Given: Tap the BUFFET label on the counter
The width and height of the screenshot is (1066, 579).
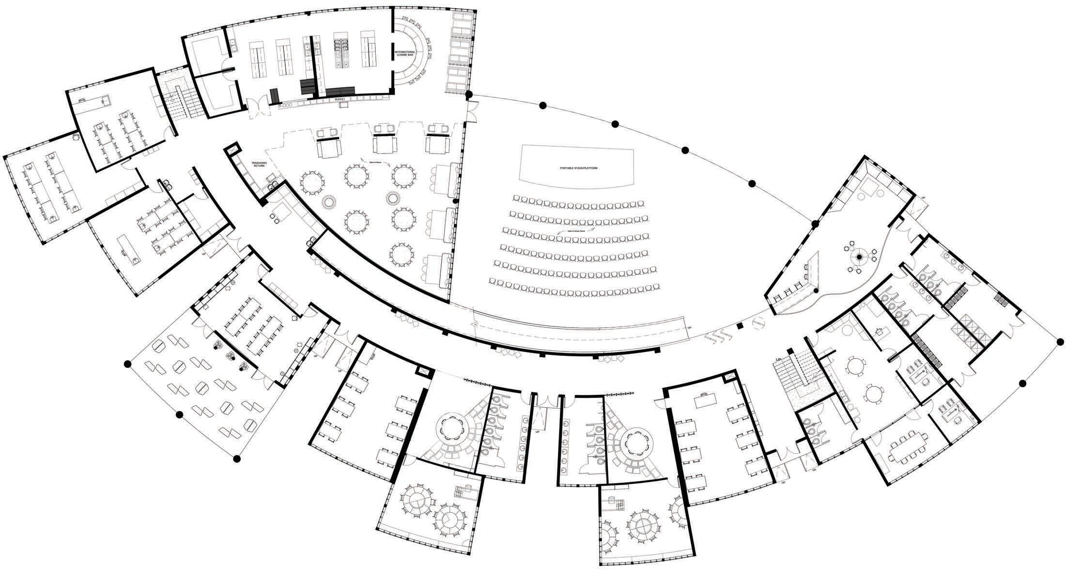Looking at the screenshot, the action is click(x=340, y=99).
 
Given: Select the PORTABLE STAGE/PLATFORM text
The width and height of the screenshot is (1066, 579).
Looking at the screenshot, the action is click(x=576, y=168).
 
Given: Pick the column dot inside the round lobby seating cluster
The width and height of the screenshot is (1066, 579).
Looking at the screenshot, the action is click(x=859, y=257).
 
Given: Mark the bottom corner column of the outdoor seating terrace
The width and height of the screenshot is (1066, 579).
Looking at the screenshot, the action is click(x=237, y=458).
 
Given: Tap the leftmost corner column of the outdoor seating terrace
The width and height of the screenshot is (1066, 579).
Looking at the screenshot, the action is click(x=128, y=363).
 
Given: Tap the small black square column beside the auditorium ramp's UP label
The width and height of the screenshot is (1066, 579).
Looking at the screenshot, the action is click(x=739, y=327).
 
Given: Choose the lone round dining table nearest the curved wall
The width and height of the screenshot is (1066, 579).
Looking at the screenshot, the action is click(x=402, y=253).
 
